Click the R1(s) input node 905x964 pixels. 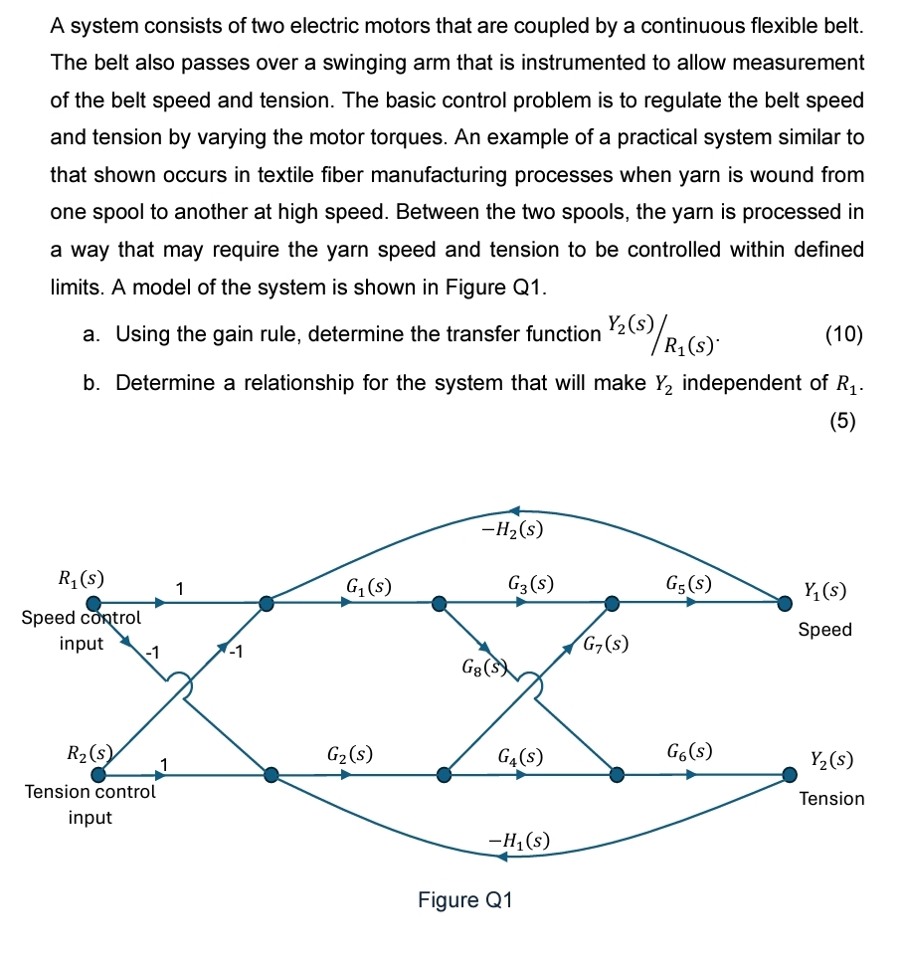click(x=93, y=602)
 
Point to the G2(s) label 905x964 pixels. click(x=350, y=753)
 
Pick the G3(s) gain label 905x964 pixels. click(x=530, y=584)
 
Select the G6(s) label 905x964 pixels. click(x=689, y=750)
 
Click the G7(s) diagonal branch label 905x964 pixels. click(x=605, y=643)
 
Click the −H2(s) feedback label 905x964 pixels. click(x=511, y=529)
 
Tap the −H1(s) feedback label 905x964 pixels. click(x=518, y=841)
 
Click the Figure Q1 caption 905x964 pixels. click(x=464, y=900)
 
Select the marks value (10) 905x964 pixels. click(x=844, y=334)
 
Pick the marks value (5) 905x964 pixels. click(x=842, y=420)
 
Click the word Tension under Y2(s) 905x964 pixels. click(x=831, y=799)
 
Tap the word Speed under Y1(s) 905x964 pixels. click(x=824, y=630)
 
